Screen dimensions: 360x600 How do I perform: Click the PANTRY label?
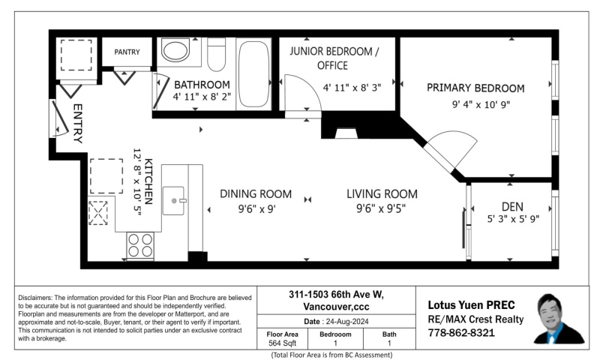(x=127, y=52)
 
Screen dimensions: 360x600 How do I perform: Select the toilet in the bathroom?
(x=217, y=54)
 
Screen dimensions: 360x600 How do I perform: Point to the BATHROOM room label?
(x=202, y=85)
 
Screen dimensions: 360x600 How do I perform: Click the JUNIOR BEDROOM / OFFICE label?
(x=334, y=58)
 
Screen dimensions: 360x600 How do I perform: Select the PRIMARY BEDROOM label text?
(x=475, y=88)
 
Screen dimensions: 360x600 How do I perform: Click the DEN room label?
(x=512, y=205)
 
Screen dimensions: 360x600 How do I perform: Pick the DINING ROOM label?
(x=256, y=193)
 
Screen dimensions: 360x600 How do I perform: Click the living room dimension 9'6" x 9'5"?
(x=382, y=210)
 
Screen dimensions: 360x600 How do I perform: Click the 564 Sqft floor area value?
(x=283, y=343)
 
